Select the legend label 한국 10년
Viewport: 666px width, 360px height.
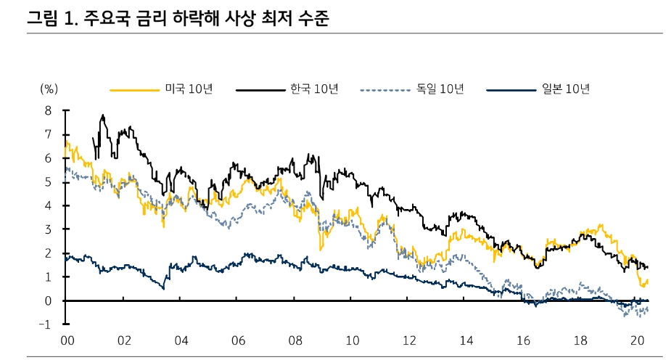314,89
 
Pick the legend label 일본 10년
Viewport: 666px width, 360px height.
565,89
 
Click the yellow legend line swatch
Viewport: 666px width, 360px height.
134,90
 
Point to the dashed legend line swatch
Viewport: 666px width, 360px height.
386,90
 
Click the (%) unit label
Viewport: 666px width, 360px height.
49,89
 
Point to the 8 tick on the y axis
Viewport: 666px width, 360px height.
49,111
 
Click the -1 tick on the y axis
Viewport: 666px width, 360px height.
46,324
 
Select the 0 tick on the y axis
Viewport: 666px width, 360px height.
49,300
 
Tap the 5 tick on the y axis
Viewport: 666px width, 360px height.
49,182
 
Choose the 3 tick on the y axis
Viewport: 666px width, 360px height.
49,229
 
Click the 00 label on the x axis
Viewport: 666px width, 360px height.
67,341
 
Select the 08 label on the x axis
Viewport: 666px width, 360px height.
295,341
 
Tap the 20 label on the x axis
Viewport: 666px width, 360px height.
638,341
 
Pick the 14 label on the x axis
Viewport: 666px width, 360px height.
466,341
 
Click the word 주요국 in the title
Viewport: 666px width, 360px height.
107,19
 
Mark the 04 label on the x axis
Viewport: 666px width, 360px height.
181,341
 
